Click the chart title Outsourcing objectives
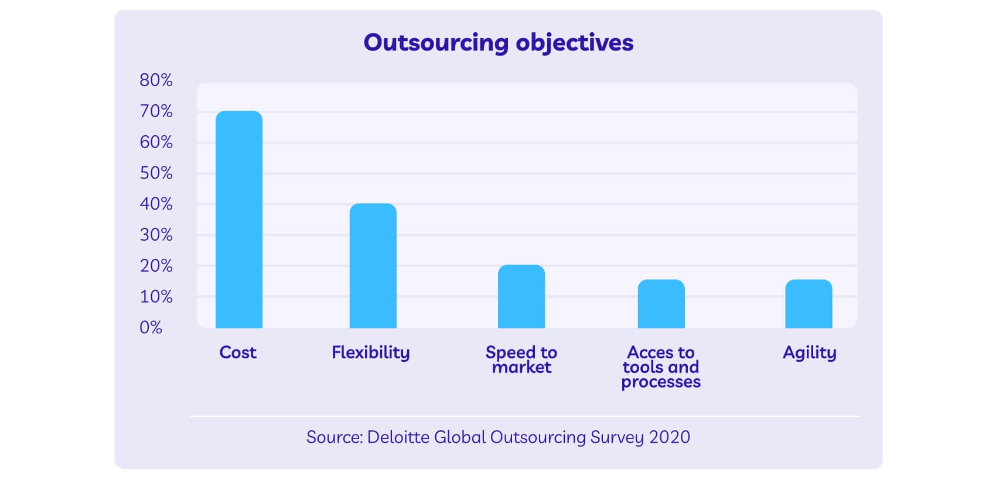[498, 43]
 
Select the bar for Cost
[239, 220]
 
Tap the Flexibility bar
[373, 266]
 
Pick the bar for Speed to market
[521, 296]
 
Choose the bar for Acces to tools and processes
[661, 304]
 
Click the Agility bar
[809, 304]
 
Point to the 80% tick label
[156, 80]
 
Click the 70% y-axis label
[156, 111]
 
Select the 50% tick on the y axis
[156, 173]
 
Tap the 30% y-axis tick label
[156, 235]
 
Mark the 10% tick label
[156, 297]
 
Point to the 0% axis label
[151, 328]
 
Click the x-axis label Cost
[238, 353]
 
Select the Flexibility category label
[370, 353]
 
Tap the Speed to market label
[521, 360]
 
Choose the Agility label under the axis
[809, 353]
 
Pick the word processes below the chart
[661, 382]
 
